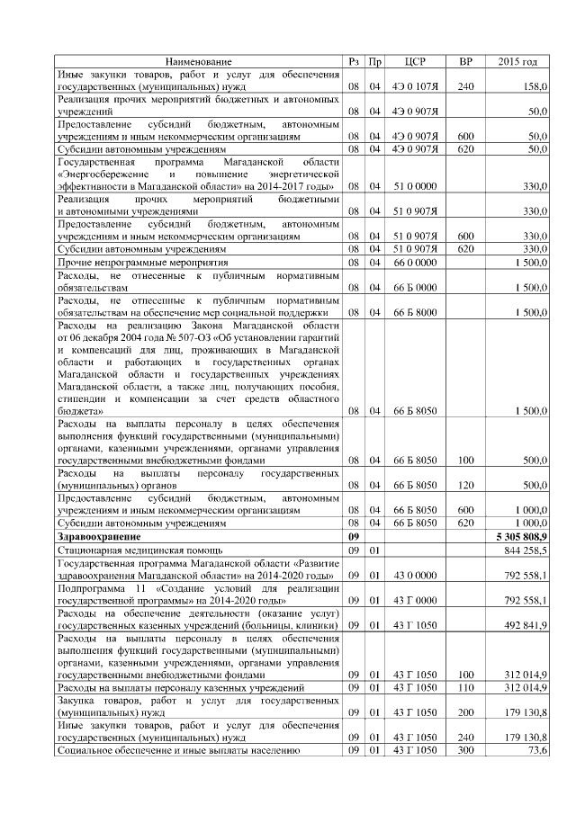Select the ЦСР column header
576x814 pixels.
tap(416, 61)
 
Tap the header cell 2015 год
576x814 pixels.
tap(517, 61)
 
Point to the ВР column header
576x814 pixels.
tap(465, 61)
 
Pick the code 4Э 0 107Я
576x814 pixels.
tap(416, 86)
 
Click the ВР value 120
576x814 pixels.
tap(465, 485)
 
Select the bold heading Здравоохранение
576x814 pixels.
tap(100, 536)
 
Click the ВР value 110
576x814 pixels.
tap(465, 687)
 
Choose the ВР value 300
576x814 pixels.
tap(465, 749)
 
